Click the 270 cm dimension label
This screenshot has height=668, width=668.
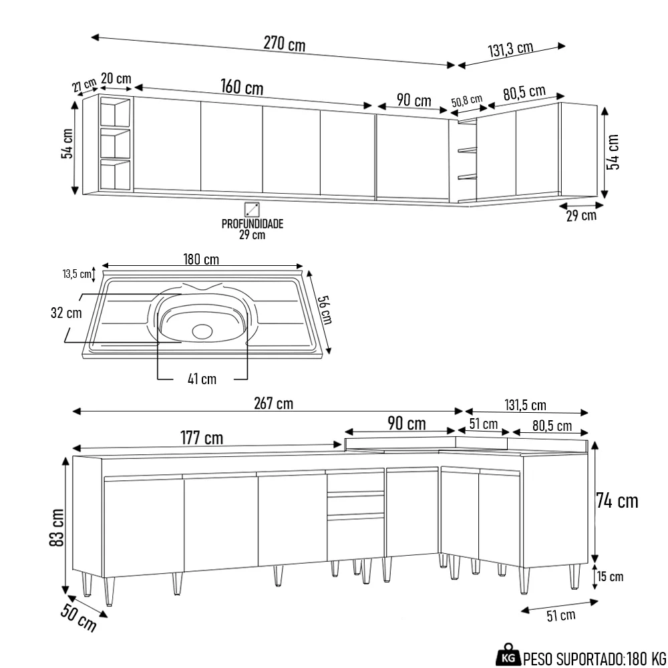click(x=284, y=44)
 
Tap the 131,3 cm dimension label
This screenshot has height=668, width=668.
click(x=510, y=49)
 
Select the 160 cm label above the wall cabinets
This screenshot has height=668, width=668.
click(x=242, y=88)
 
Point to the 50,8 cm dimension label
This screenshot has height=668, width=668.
click(x=466, y=102)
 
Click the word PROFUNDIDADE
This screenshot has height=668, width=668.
click(x=253, y=224)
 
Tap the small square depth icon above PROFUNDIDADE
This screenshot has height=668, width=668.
click(x=252, y=208)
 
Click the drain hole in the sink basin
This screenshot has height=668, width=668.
click(x=201, y=330)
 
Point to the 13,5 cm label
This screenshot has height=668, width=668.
click(x=76, y=274)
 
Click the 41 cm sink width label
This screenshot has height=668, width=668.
click(x=202, y=379)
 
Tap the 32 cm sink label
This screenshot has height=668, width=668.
click(x=65, y=313)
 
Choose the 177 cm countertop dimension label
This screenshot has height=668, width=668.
click(x=201, y=438)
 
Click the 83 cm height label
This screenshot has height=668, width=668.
click(x=57, y=528)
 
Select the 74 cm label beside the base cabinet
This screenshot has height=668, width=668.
click(x=618, y=500)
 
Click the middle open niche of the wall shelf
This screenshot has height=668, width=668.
click(x=115, y=144)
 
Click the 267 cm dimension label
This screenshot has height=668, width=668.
click(x=273, y=403)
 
